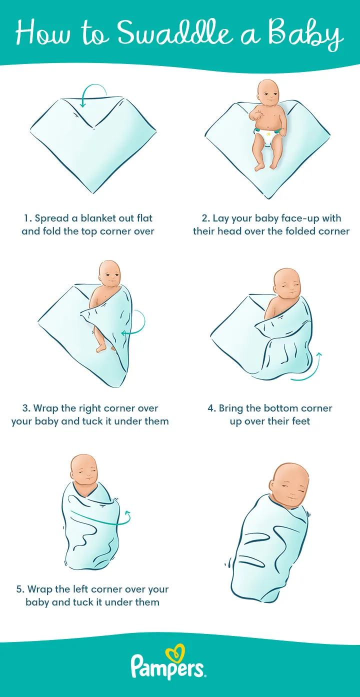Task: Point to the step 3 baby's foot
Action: (101, 348)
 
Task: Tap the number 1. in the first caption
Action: (28, 218)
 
